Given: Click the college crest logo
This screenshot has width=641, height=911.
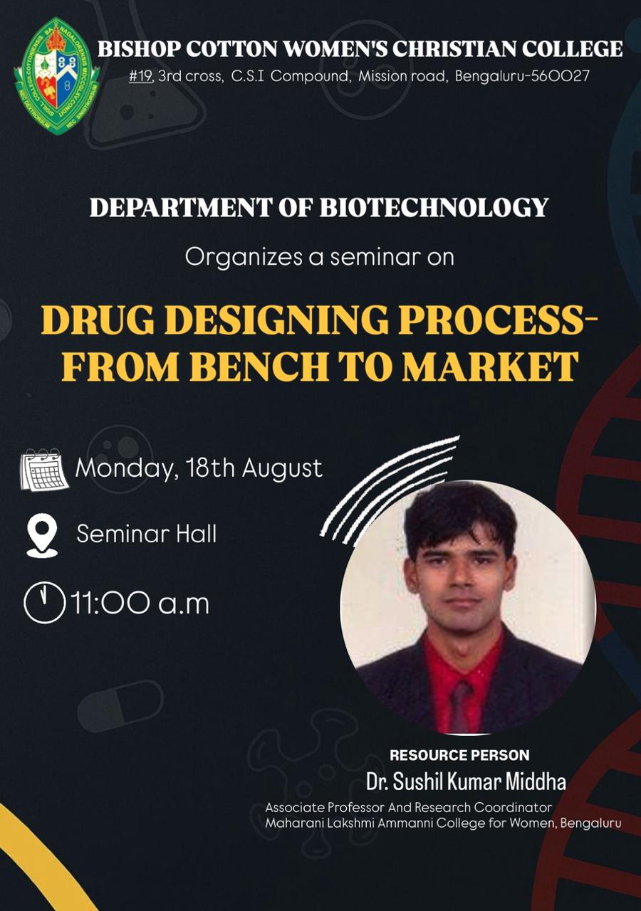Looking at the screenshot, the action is coord(56,76).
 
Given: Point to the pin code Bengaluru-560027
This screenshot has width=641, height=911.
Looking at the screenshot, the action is coord(522,76).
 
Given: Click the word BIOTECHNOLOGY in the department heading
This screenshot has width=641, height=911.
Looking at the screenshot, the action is coord(434,207).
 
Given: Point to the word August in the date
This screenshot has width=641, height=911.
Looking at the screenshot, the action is coord(282,469).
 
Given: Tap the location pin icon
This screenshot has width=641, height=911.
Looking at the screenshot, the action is coord(42,535).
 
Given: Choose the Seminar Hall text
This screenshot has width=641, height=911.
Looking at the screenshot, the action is coord(147,534).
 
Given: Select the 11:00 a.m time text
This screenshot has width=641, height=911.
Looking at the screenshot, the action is coord(140,603).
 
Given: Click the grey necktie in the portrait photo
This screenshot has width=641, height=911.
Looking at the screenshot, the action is coord(460,707).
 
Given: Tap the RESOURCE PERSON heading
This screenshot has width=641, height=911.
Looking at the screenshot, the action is coord(459,755).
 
